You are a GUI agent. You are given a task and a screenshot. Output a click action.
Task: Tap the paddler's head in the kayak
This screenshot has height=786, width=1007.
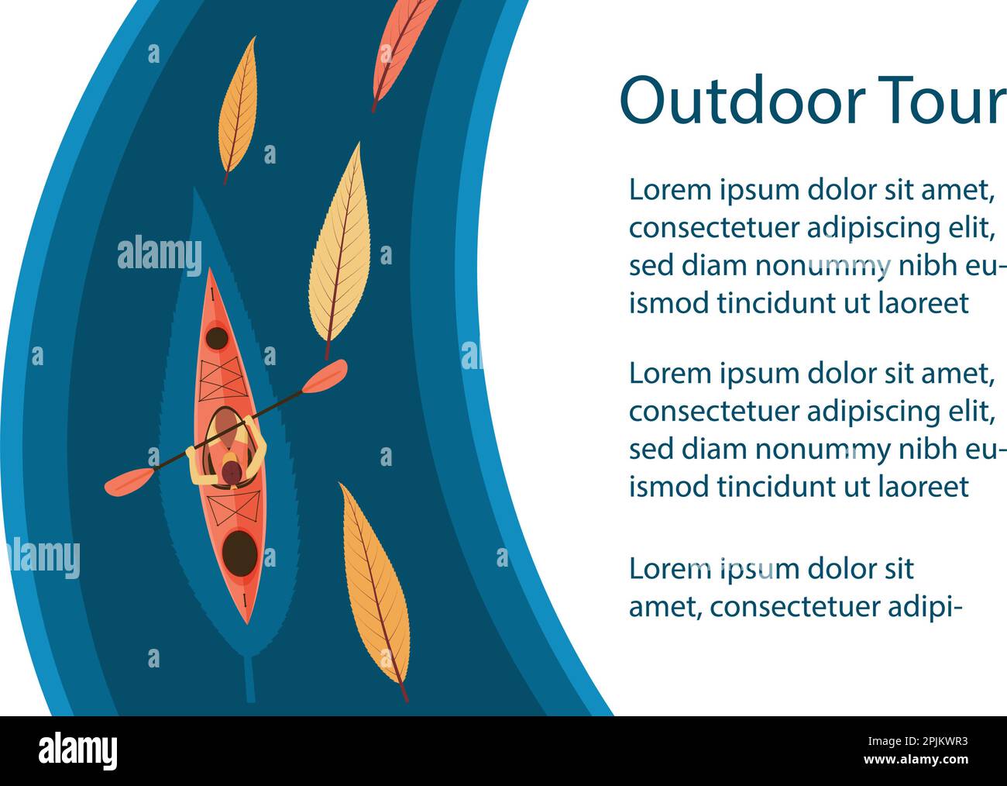pyautogui.click(x=230, y=471)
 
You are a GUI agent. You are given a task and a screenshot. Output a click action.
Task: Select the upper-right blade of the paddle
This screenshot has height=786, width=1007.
pyautogui.click(x=324, y=375)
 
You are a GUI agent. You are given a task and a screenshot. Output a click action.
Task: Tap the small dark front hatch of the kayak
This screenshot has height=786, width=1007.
pyautogui.click(x=216, y=338)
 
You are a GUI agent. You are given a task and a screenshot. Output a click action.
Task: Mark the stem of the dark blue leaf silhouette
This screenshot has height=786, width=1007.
pyautogui.click(x=249, y=679)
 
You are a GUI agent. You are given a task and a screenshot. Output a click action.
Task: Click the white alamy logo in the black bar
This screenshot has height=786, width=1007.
pyautogui.click(x=77, y=751)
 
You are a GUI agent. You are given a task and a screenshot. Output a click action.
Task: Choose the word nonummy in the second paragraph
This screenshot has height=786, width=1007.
pyautogui.click(x=823, y=450)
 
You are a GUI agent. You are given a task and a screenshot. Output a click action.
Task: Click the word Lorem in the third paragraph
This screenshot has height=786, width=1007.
pyautogui.click(x=670, y=569)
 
